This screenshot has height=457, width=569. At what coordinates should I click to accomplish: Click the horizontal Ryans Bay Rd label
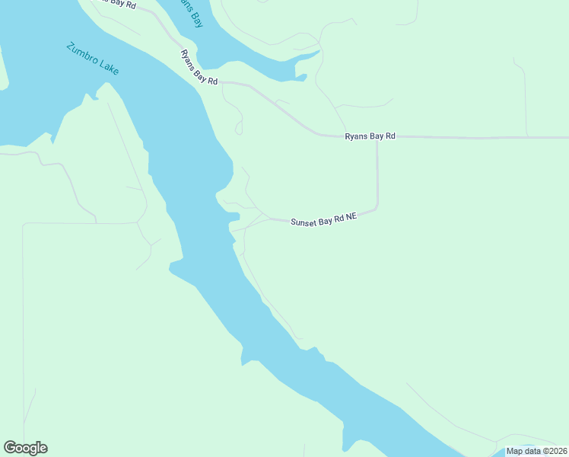370,136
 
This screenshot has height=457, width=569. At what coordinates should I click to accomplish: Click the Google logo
25,448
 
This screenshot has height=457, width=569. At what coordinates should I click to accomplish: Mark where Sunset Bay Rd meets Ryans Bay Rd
377,138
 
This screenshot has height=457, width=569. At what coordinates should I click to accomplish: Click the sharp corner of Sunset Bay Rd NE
376,207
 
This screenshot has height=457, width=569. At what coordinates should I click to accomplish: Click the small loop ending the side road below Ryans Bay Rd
238,130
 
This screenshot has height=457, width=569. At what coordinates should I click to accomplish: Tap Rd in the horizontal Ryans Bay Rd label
390,136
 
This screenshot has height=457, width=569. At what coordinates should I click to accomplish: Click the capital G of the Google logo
9,448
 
